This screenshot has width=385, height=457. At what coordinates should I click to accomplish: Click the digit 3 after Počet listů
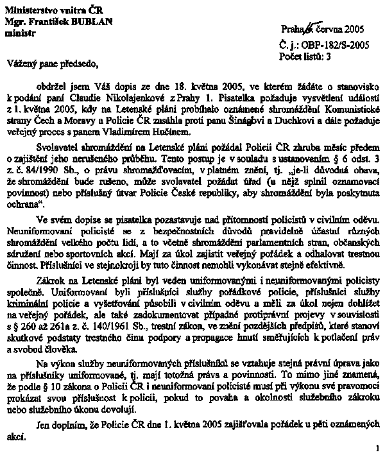coord(329,56)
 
